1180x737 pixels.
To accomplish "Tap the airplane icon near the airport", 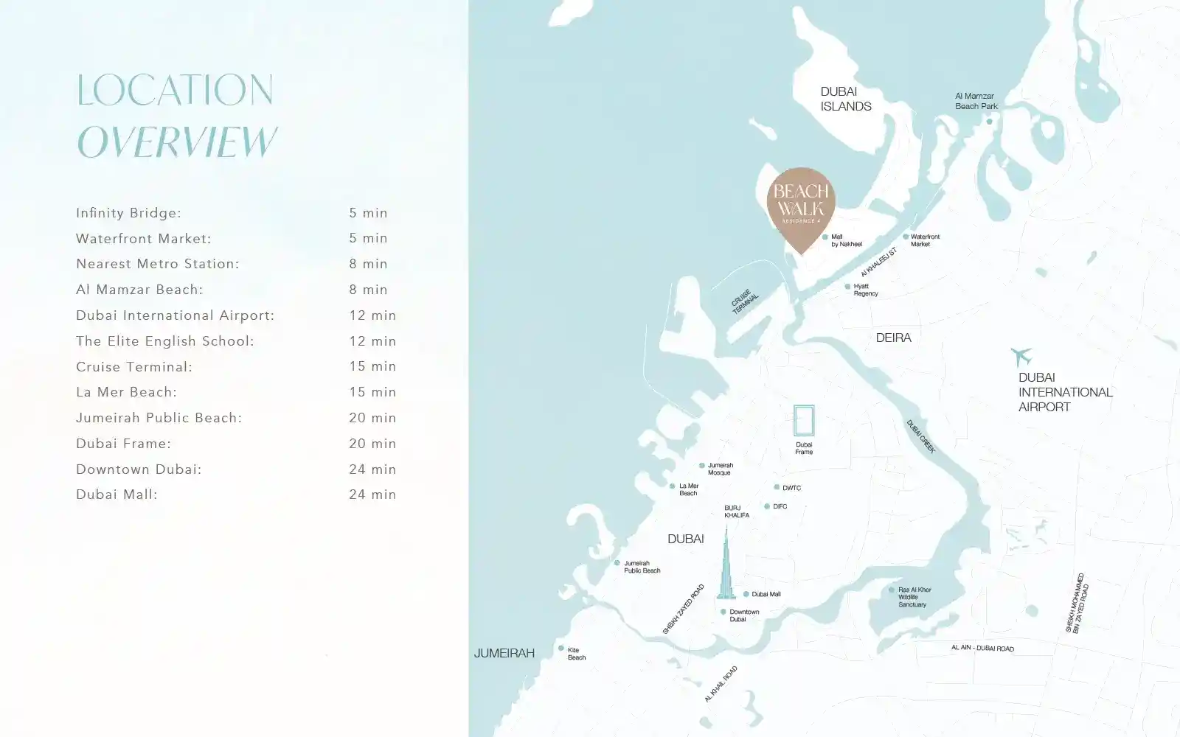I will [1021, 357].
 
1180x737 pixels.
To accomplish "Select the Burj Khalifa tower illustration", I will [726, 567].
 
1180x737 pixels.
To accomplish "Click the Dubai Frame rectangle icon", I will [804, 421].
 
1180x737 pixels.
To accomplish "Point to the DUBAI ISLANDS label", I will [845, 99].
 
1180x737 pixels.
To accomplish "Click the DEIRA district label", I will [893, 338].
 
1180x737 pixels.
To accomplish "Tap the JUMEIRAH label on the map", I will [504, 653].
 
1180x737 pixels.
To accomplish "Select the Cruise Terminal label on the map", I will [743, 302].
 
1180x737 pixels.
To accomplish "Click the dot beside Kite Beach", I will [561, 649].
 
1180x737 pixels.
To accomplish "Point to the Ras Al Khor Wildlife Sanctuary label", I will [914, 597].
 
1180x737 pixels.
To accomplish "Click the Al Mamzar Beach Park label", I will [976, 101].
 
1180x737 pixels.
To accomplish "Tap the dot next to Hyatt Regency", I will [847, 286].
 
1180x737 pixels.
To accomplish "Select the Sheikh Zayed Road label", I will [683, 609].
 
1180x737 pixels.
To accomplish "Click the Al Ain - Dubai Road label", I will [982, 648].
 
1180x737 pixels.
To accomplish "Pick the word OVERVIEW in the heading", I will [177, 142].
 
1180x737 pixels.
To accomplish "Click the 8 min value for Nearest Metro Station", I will [368, 264].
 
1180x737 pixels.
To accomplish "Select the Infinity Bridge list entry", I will [128, 213].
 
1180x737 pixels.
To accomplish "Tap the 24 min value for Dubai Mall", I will [372, 495].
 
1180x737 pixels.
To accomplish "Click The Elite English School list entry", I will [164, 341].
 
